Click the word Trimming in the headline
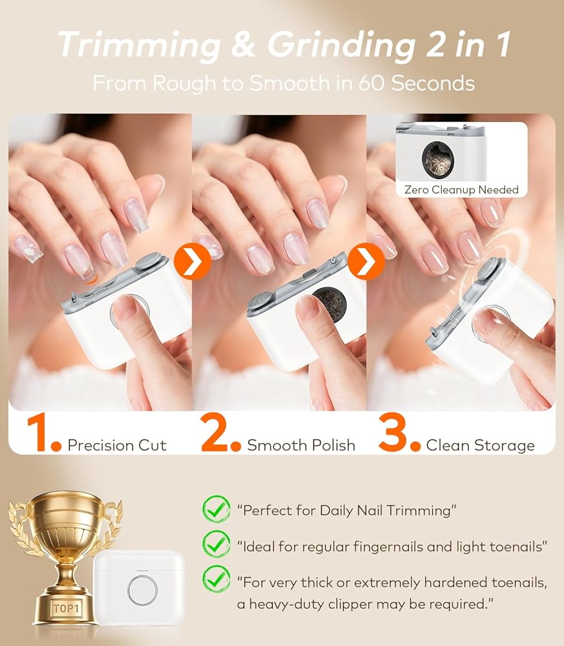click(140, 45)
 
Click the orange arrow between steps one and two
click(193, 261)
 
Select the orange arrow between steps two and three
click(366, 261)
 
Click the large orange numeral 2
click(215, 433)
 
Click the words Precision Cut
click(117, 445)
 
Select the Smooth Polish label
click(301, 445)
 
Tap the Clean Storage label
click(481, 445)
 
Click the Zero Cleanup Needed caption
click(461, 189)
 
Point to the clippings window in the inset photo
click(437, 160)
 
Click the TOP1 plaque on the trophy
click(67, 608)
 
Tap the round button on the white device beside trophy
click(142, 590)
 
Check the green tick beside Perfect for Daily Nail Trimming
click(216, 510)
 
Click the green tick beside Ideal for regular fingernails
click(216, 545)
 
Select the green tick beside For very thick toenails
click(216, 579)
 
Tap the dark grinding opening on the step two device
click(329, 306)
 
